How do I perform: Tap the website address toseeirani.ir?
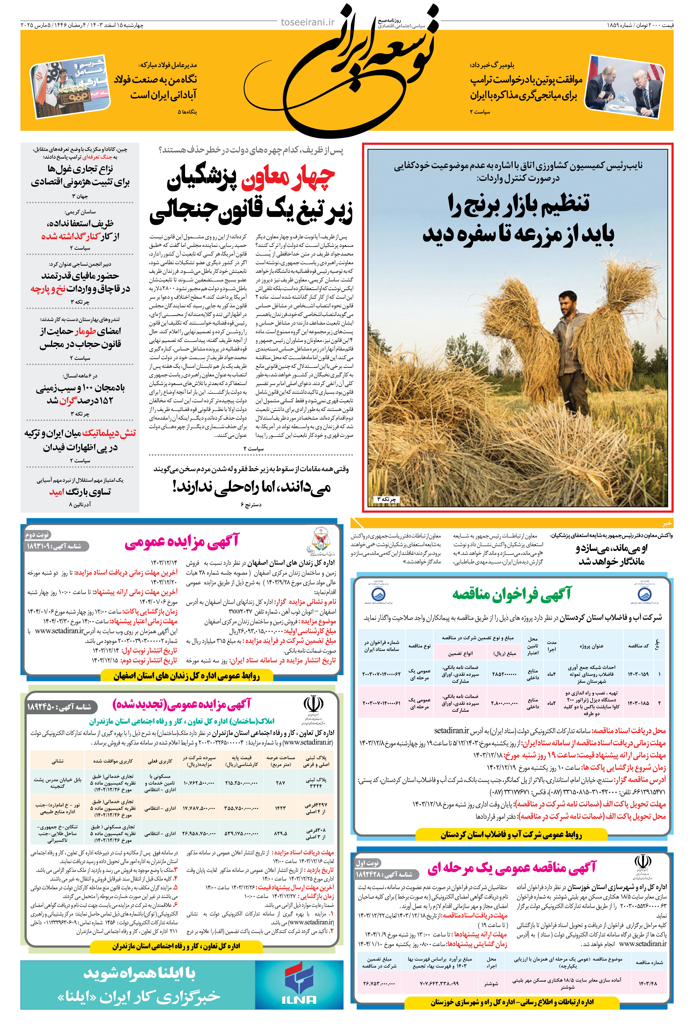pyautogui.click(x=308, y=22)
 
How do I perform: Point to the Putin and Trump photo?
pyautogui.click(x=624, y=86)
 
